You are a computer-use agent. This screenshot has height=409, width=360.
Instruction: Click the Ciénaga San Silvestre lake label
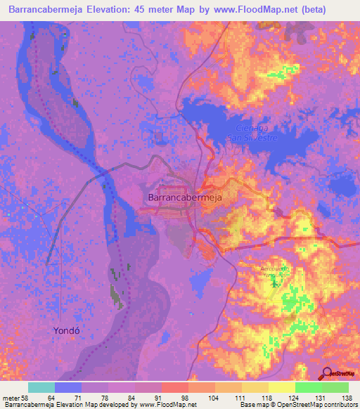click(x=257, y=132)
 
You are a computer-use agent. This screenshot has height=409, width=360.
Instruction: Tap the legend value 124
click(x=293, y=398)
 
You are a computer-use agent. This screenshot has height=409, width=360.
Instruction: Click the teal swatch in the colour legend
click(x=41, y=387)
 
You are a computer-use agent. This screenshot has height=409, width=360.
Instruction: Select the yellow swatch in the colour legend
click(x=282, y=387)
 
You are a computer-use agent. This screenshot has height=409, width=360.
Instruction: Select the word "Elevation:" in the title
click(x=120, y=8)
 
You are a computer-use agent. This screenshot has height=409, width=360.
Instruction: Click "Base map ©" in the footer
click(x=257, y=405)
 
